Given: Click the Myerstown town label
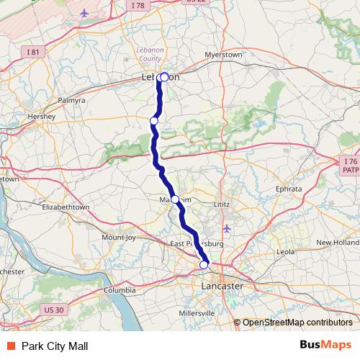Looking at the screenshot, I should pos(223,54).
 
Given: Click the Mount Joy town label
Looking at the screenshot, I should pos(119,237).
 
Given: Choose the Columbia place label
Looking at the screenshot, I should pos(120,289).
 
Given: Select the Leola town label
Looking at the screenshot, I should pos(286,252).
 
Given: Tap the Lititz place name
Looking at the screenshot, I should pos(221,204).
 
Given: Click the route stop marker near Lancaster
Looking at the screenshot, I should pos(204,265).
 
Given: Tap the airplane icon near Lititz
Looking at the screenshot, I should pos(228,229).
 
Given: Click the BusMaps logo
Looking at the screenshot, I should pos(325,346).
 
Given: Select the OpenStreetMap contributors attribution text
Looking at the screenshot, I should pos(297,323).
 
